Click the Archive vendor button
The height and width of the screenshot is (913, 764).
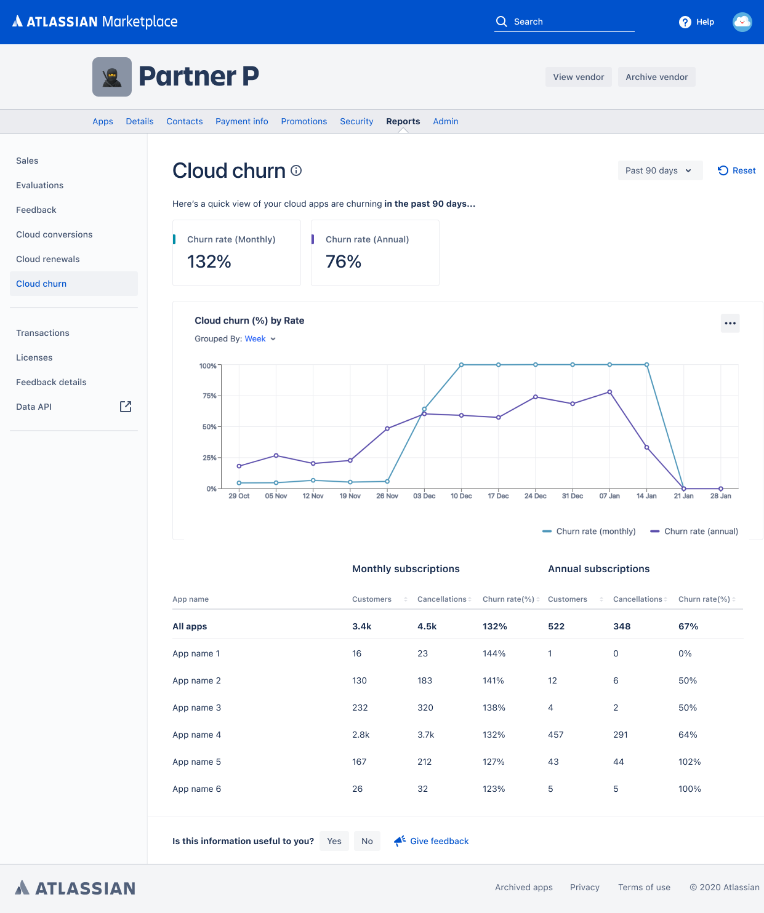[x=656, y=77]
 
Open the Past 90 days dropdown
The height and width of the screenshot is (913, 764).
[x=659, y=170]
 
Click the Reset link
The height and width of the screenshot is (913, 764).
[x=737, y=170]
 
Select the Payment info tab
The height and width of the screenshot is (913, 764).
[x=241, y=121]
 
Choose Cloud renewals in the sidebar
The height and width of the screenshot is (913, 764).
[x=48, y=259]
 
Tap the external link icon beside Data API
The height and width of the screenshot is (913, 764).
[x=126, y=407]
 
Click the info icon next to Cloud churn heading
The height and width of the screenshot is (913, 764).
[x=296, y=170]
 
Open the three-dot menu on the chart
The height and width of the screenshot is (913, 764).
[x=730, y=323]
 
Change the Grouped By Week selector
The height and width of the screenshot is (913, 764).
[x=260, y=339]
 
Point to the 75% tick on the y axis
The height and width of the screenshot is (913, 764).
[x=210, y=396]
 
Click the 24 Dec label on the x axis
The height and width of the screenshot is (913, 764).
[x=535, y=496]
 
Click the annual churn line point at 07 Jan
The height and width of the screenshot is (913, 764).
[x=609, y=392]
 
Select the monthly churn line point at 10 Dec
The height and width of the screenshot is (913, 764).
[x=461, y=365]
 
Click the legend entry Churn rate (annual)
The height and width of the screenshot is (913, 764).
[x=694, y=531]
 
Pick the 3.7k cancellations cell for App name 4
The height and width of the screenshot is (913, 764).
[x=425, y=735]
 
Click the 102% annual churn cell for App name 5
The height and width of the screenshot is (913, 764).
[x=690, y=762]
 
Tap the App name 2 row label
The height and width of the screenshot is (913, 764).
[x=196, y=680]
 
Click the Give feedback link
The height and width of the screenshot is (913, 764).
[x=438, y=841]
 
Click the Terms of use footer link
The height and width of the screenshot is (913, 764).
[x=644, y=887]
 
